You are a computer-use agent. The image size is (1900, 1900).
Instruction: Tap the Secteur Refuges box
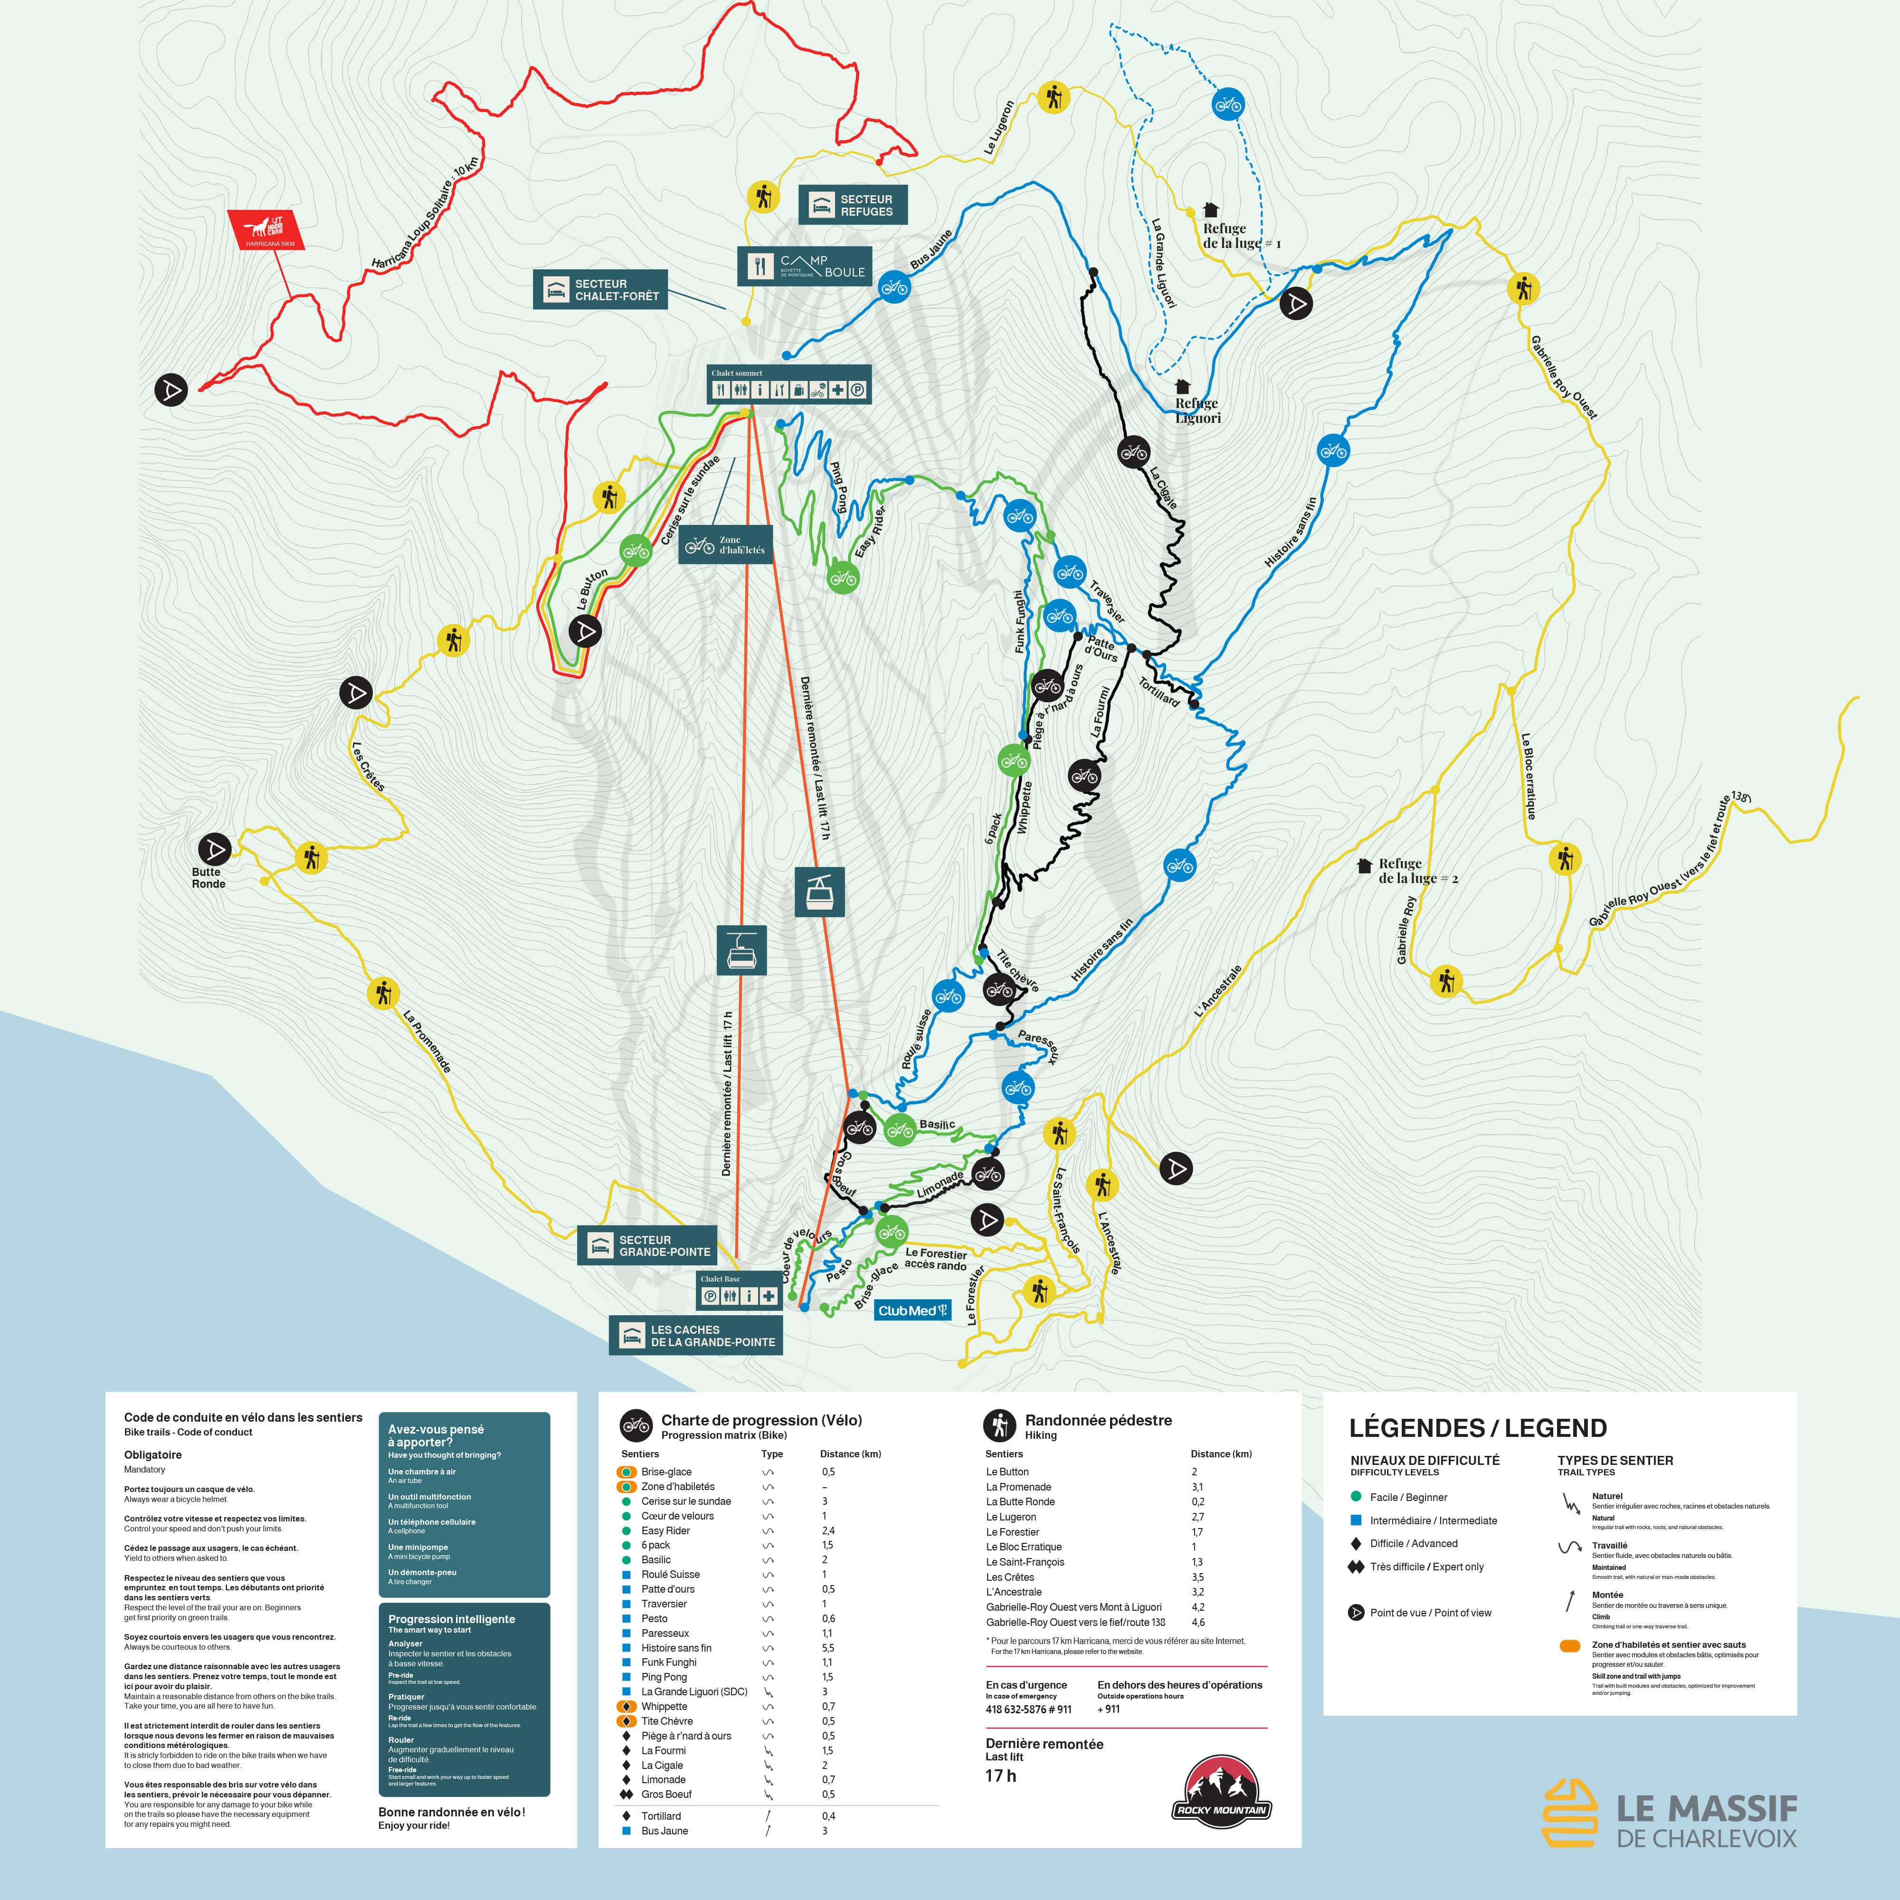(x=852, y=205)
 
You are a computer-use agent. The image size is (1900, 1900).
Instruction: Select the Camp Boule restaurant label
(x=806, y=266)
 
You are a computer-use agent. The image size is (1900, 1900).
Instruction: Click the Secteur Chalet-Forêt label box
(x=600, y=289)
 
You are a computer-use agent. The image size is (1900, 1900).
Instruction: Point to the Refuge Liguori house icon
(x=1183, y=387)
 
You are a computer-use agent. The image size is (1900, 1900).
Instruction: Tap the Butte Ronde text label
(x=209, y=877)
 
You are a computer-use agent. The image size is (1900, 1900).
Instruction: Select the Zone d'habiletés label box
(x=725, y=545)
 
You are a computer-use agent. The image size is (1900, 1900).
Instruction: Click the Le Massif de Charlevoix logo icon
(x=1569, y=1813)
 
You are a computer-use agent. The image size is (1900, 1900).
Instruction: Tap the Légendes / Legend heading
(x=1477, y=1428)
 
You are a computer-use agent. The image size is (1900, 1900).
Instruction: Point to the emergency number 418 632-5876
(x=1028, y=1709)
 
